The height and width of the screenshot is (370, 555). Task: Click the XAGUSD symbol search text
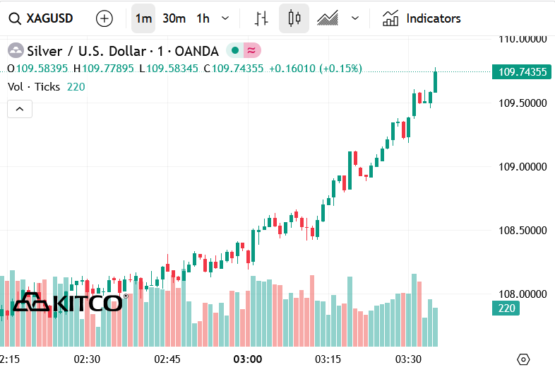[49, 18]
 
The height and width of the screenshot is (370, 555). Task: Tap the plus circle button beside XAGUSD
[105, 18]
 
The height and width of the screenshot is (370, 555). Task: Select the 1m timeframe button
[143, 18]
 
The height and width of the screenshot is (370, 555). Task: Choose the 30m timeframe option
[174, 18]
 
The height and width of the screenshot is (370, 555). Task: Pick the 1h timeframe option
[203, 18]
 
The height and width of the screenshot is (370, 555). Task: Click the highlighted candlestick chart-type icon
[294, 18]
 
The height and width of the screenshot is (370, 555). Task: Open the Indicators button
[422, 18]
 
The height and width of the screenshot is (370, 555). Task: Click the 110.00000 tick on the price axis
[523, 39]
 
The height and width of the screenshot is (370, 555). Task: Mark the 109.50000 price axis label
[523, 103]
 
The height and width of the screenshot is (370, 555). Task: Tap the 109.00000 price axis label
[523, 167]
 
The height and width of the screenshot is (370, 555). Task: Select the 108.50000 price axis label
[523, 231]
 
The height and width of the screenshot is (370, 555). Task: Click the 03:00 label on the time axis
[248, 359]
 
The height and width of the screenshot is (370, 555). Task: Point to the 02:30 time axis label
[87, 359]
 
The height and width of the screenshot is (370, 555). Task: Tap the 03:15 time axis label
[328, 359]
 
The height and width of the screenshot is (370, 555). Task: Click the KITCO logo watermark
[68, 303]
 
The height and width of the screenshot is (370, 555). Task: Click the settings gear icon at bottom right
[523, 359]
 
